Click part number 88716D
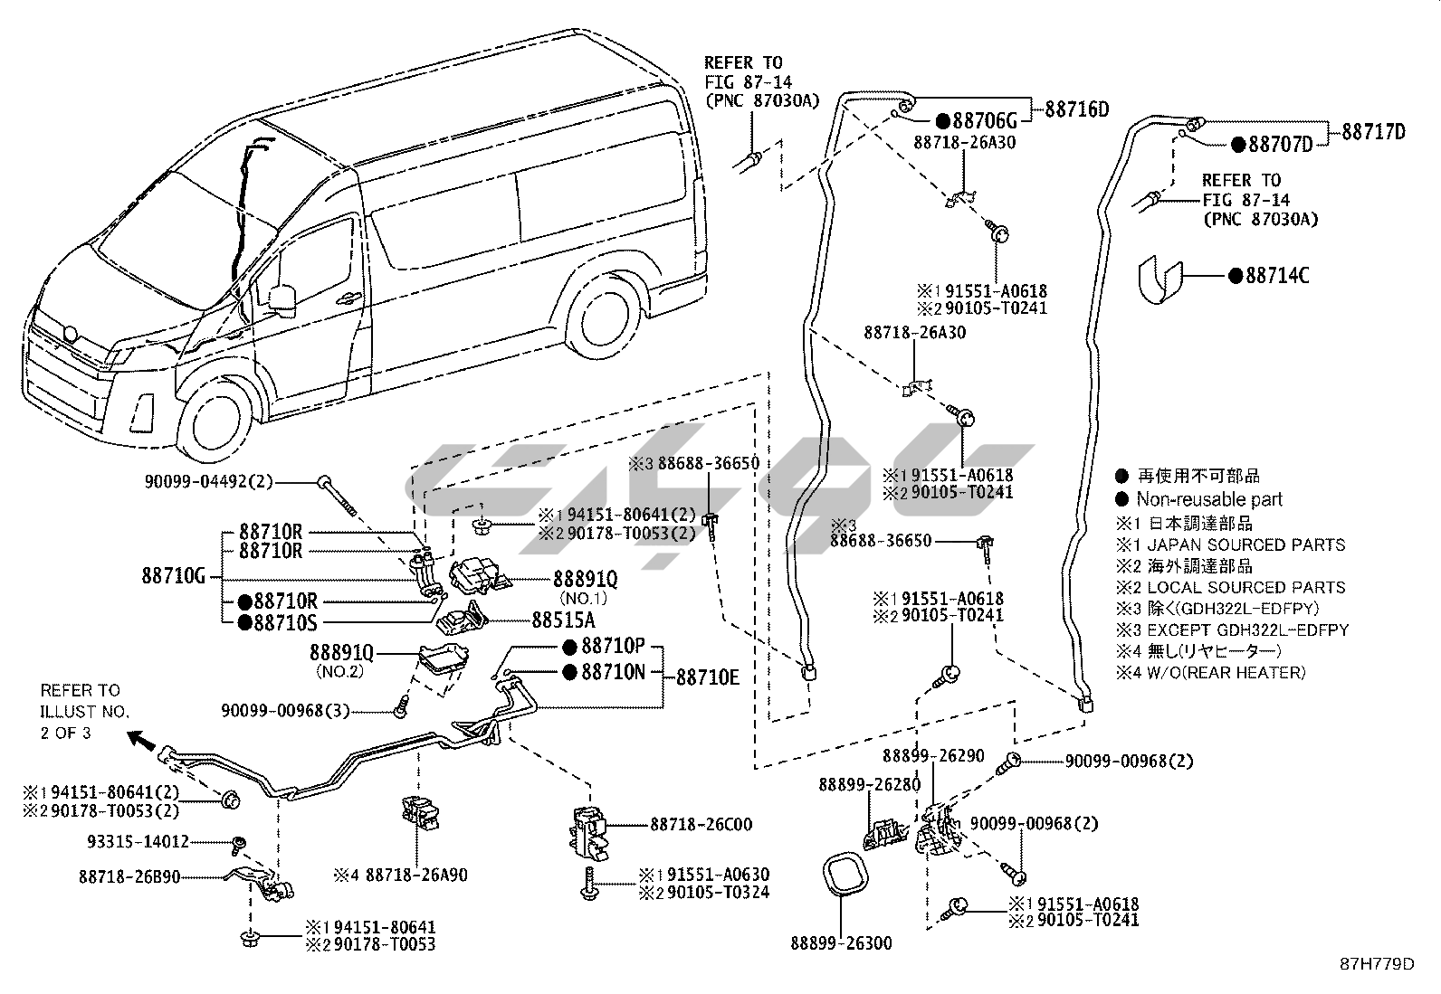pyautogui.click(x=1076, y=109)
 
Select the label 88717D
pyautogui.click(x=1373, y=132)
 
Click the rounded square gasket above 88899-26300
pyautogui.click(x=844, y=876)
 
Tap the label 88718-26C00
pyautogui.click(x=701, y=825)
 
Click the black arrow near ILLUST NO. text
pyautogui.click(x=140, y=740)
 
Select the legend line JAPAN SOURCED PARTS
pyautogui.click(x=1245, y=544)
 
